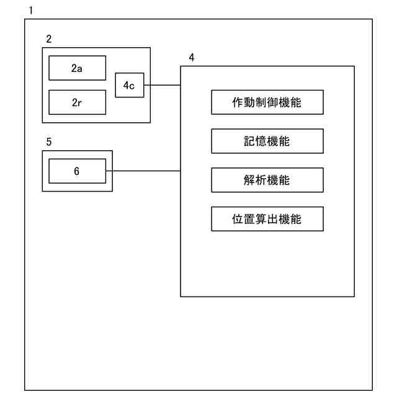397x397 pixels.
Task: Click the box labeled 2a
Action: pos(77,68)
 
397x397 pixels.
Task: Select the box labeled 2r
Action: pos(77,102)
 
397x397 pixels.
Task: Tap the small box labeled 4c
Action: pos(129,86)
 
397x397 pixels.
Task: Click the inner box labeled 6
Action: pos(77,171)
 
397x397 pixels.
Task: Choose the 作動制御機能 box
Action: pos(267,102)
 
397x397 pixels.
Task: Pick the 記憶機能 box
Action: pos(267,141)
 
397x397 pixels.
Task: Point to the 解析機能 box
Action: pos(267,181)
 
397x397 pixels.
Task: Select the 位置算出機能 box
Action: pos(267,220)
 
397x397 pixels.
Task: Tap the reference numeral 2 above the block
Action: pos(48,38)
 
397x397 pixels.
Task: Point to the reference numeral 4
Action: pos(191,57)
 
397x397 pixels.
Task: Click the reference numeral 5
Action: pos(48,141)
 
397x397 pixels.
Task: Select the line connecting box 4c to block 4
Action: pos(162,86)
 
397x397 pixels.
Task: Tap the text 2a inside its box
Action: pos(77,69)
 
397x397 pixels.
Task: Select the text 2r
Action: pos(77,103)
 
